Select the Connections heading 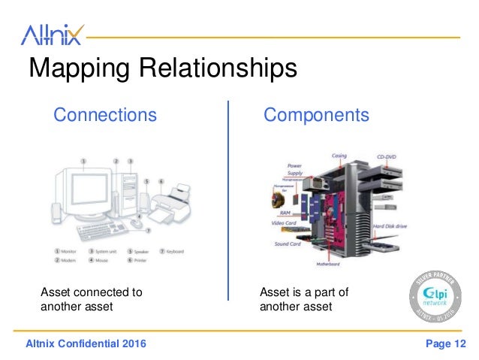[104, 115]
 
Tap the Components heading [316, 115]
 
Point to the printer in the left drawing [170, 201]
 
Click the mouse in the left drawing [135, 223]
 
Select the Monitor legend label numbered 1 [70, 250]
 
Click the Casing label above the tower [339, 156]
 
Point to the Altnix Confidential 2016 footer [86, 344]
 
